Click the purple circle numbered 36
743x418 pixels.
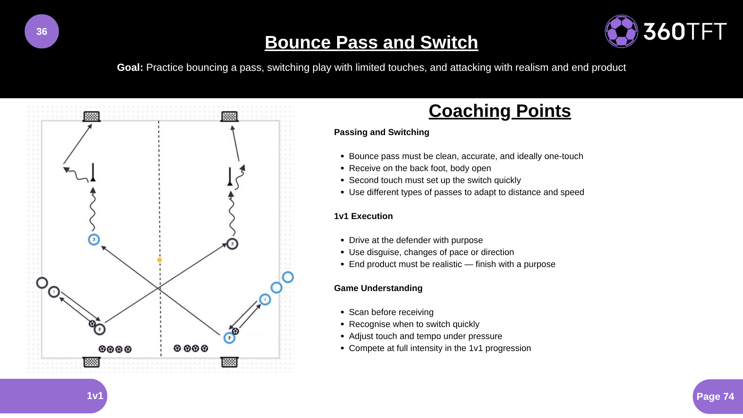pyautogui.click(x=42, y=31)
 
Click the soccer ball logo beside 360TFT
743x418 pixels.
pyautogui.click(x=621, y=31)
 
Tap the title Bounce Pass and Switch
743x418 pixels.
pyautogui.click(x=371, y=42)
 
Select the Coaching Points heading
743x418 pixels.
pyautogui.click(x=500, y=111)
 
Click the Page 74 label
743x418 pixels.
pyautogui.click(x=715, y=396)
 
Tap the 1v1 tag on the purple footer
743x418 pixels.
pyautogui.click(x=95, y=396)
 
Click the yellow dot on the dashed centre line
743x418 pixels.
pyautogui.click(x=159, y=260)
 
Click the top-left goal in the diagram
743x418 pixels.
pyautogui.click(x=92, y=116)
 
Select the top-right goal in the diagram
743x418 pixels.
pyautogui.click(x=229, y=116)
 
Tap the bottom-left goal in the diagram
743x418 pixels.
pyautogui.click(x=92, y=362)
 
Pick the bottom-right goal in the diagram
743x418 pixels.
pyautogui.click(x=229, y=362)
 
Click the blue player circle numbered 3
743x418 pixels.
pyautogui.click(x=94, y=240)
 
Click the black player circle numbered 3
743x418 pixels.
pyautogui.click(x=232, y=244)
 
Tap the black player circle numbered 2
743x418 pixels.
pyautogui.click(x=99, y=329)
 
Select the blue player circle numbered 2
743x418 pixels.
pyautogui.click(x=229, y=338)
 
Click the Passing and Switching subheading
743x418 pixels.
pyautogui.click(x=381, y=132)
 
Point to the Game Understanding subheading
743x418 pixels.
pyautogui.click(x=378, y=288)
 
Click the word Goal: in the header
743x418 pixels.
pyautogui.click(x=130, y=67)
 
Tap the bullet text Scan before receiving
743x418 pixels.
pyautogui.click(x=391, y=312)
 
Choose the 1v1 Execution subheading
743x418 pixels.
pyautogui.click(x=363, y=216)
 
